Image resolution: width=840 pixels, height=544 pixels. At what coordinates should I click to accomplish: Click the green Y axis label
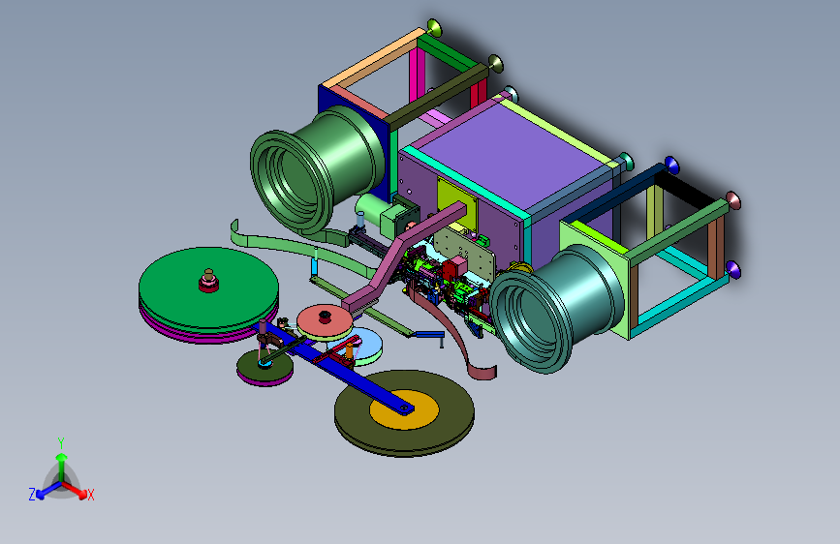pyautogui.click(x=61, y=443)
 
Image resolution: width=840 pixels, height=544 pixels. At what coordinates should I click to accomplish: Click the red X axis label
pyautogui.click(x=90, y=495)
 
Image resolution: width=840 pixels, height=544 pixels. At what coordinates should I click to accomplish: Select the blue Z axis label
pyautogui.click(x=32, y=495)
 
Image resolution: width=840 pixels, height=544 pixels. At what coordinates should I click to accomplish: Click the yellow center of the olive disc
pyautogui.click(x=404, y=410)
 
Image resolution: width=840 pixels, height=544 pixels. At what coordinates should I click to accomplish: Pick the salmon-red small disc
pyautogui.click(x=325, y=320)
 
